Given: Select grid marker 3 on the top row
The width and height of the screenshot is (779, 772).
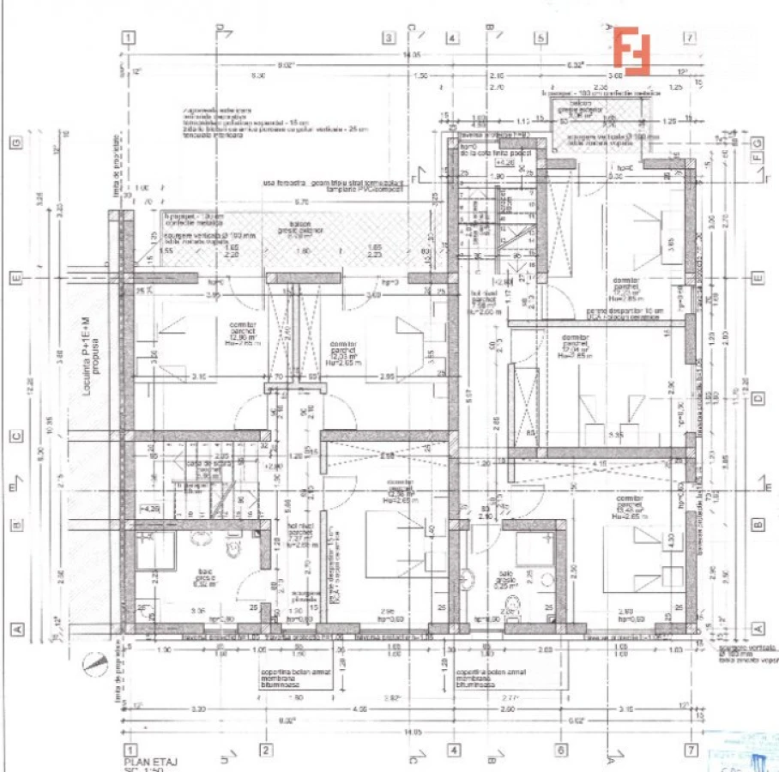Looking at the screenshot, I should click(389, 38).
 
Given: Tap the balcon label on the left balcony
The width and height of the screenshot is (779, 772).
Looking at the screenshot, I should click(297, 230).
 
